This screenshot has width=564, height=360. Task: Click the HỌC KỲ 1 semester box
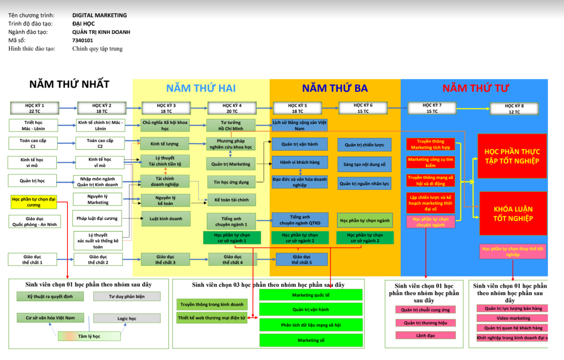click(x=34, y=108)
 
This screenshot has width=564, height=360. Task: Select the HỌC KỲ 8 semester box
click(x=514, y=109)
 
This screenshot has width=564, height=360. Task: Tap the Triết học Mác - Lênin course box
click(x=33, y=125)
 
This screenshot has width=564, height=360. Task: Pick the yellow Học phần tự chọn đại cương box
click(x=33, y=202)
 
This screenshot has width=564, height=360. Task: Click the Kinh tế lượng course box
click(x=165, y=144)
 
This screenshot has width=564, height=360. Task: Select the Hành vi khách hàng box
click(x=299, y=162)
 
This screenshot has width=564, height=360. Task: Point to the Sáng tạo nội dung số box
click(x=364, y=164)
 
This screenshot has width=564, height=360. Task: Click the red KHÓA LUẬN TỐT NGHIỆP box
click(x=513, y=214)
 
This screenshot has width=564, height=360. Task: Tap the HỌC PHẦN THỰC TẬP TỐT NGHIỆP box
click(x=512, y=156)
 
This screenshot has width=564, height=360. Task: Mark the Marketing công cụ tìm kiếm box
click(x=430, y=162)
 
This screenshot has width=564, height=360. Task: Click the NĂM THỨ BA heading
click(x=335, y=88)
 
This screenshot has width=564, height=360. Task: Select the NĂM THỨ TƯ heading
click(x=475, y=88)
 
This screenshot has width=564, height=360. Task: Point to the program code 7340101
click(x=83, y=40)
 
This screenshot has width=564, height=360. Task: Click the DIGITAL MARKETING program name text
click(x=99, y=15)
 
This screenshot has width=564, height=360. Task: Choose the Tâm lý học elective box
click(x=89, y=336)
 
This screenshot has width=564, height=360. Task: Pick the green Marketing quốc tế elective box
click(x=311, y=295)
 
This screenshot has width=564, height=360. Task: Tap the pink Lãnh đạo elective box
click(x=425, y=335)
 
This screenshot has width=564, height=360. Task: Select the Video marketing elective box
click(x=513, y=318)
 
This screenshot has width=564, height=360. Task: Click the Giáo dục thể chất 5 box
click(x=301, y=259)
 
